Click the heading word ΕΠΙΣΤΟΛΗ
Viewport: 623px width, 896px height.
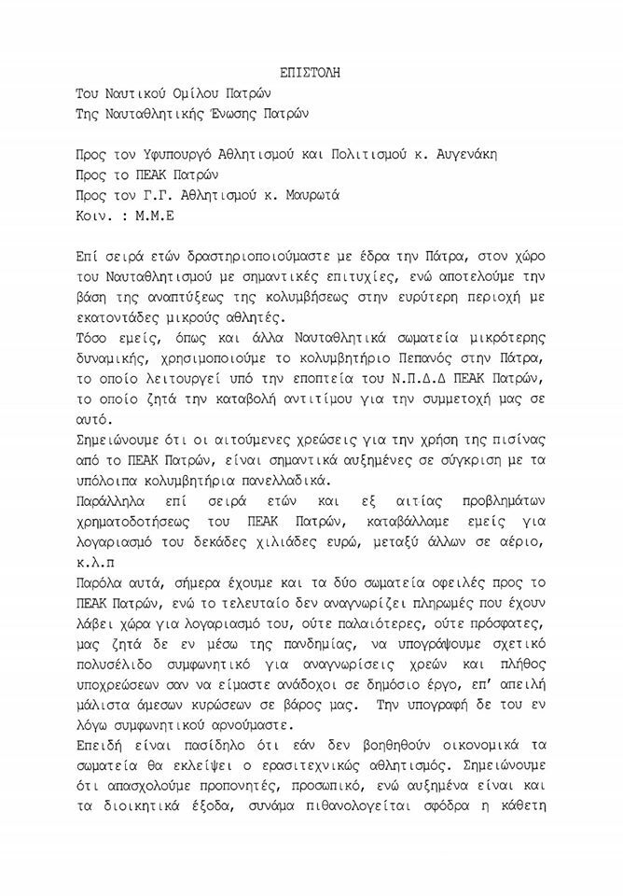(311, 72)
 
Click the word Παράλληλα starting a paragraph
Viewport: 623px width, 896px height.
(115, 504)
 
